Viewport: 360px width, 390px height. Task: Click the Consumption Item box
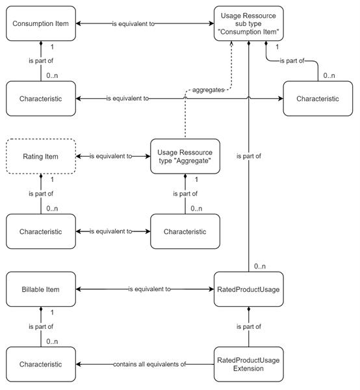click(x=41, y=24)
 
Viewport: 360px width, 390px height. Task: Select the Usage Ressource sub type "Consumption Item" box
click(x=249, y=24)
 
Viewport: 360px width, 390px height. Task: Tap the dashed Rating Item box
click(x=41, y=157)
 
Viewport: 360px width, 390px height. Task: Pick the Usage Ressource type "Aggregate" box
click(x=185, y=157)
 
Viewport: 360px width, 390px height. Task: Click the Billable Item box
click(x=41, y=289)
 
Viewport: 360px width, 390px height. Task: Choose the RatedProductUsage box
click(x=249, y=289)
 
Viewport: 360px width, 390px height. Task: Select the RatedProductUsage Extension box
click(x=249, y=364)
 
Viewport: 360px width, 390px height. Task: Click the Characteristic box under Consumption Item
click(x=41, y=99)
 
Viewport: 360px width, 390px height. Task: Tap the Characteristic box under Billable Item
click(x=41, y=364)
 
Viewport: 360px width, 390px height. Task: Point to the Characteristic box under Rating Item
click(x=41, y=231)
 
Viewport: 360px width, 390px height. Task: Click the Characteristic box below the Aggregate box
click(x=185, y=231)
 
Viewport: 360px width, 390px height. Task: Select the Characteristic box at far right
click(x=318, y=99)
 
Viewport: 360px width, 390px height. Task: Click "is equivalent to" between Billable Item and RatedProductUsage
click(x=149, y=289)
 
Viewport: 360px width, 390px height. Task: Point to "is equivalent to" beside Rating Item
click(x=110, y=157)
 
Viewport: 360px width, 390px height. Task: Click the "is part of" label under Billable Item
click(x=41, y=326)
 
